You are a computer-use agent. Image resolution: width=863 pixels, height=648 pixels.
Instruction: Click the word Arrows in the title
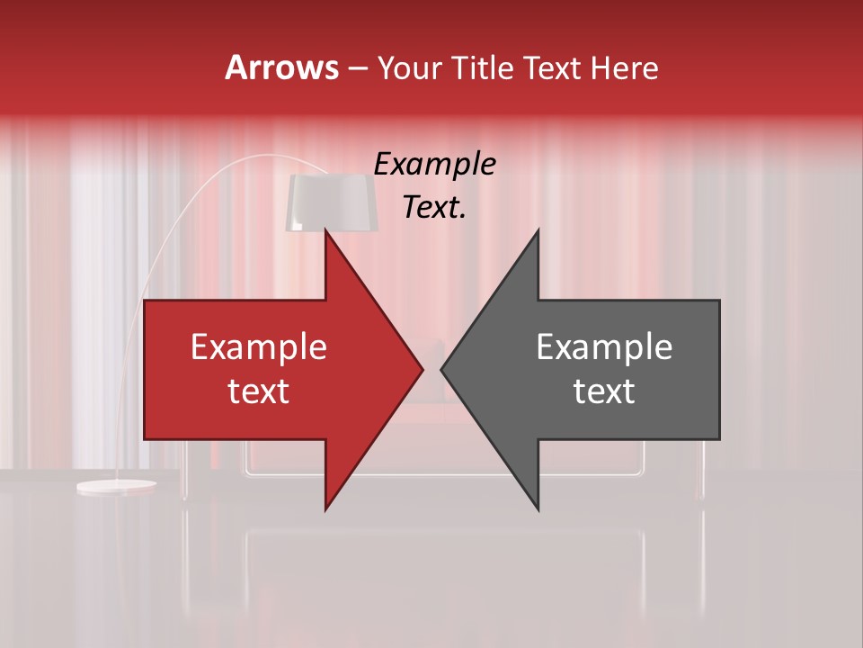point(281,67)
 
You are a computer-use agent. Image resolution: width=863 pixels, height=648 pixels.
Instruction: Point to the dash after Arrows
point(357,68)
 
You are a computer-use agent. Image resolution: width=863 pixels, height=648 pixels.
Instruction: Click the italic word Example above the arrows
point(434,164)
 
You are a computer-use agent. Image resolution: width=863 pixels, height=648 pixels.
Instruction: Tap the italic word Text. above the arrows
point(434,208)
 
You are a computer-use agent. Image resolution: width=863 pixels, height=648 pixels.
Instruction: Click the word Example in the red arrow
point(259,347)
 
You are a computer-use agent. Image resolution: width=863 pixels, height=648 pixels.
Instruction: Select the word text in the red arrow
point(259,391)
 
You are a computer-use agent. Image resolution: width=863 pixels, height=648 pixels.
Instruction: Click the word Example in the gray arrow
point(604,347)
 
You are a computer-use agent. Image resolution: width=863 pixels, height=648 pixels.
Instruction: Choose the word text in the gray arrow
point(604,391)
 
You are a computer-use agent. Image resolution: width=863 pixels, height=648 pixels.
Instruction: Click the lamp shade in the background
point(330,202)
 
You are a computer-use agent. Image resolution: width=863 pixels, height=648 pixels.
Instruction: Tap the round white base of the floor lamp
point(116,487)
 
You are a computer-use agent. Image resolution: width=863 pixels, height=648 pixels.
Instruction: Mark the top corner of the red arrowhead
point(326,230)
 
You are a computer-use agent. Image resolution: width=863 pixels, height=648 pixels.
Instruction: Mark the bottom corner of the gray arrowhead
point(538,508)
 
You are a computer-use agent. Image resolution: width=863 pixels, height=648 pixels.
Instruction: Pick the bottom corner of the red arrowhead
point(326,508)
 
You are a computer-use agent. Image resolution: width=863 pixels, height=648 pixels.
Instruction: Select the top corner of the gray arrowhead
point(538,230)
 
